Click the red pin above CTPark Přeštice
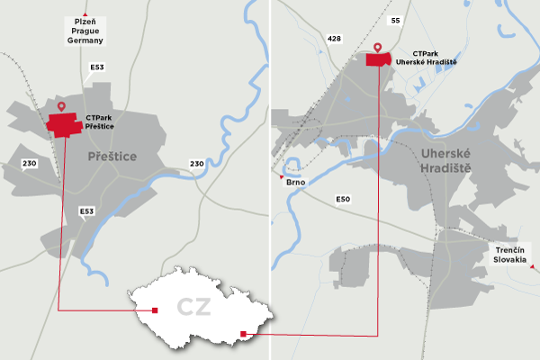click(x=61, y=107)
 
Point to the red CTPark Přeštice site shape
click(x=65, y=123)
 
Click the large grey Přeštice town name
click(x=112, y=157)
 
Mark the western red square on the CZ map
click(x=156, y=310)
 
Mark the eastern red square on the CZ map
click(x=244, y=335)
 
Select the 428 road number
click(x=335, y=39)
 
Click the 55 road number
click(x=393, y=20)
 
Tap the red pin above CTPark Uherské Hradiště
click(x=378, y=47)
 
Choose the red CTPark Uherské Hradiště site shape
click(x=379, y=59)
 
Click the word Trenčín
click(x=509, y=249)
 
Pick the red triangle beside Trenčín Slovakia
click(x=533, y=267)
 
